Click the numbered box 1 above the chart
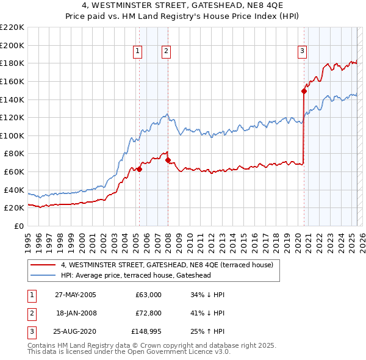pyautogui.click(x=138, y=52)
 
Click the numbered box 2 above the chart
pyautogui.click(x=166, y=52)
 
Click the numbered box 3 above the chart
pyautogui.click(x=302, y=52)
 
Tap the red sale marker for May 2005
pyautogui.click(x=139, y=169)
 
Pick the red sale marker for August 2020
pyautogui.click(x=303, y=91)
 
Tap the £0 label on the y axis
pyautogui.click(x=19, y=226)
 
